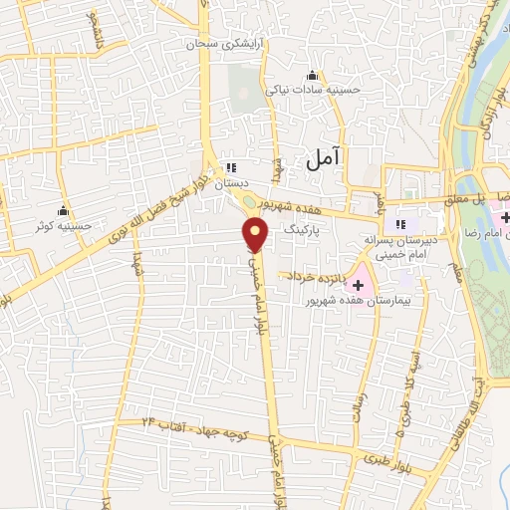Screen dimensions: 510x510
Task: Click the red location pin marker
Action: click(256, 235)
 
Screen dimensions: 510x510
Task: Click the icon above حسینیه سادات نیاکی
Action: click(313, 75)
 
